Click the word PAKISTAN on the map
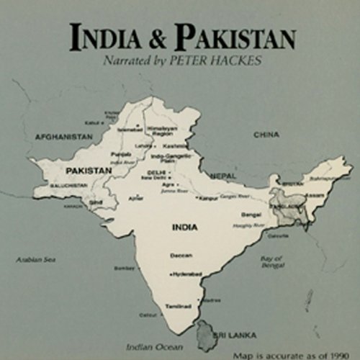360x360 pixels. (89, 170)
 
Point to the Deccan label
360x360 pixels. (181, 255)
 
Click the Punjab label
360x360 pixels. (120, 154)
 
